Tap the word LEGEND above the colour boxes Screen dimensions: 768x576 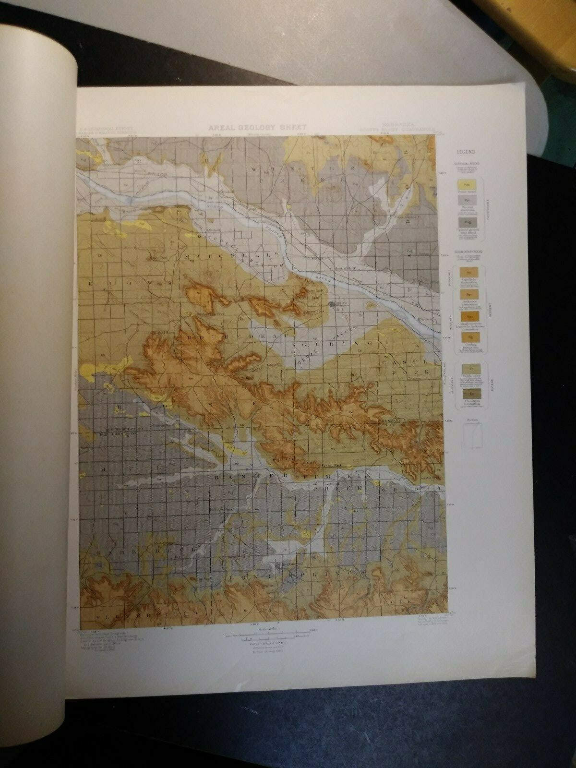tap(466, 152)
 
